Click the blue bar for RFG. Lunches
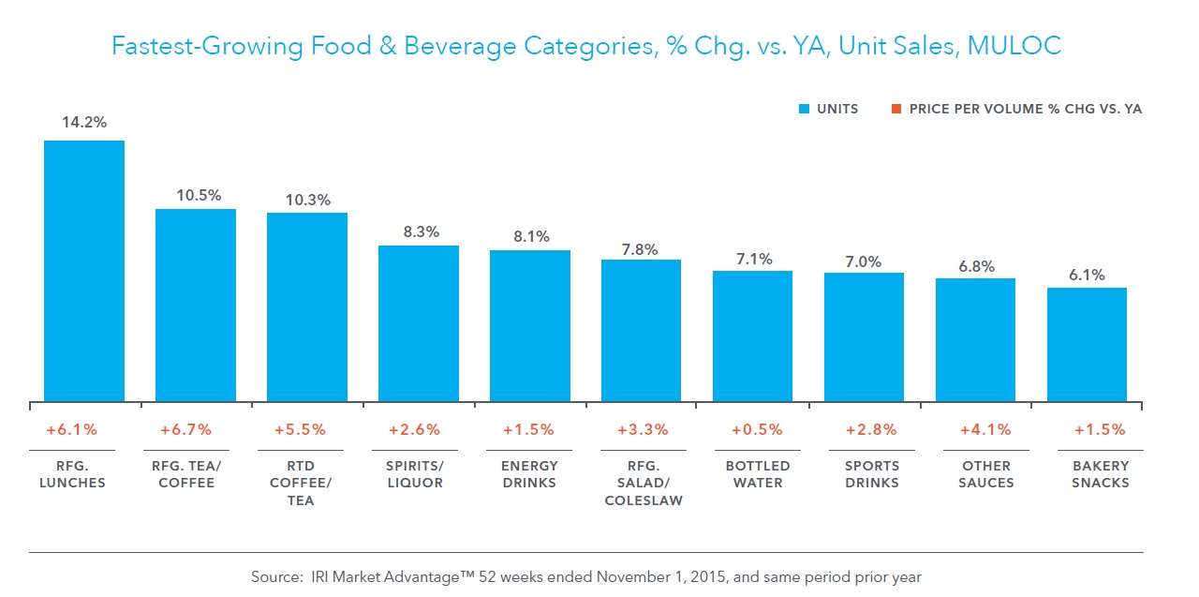coord(84,272)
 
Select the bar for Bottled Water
coord(752,336)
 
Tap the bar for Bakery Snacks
coord(1087,345)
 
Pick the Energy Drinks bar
coord(529,326)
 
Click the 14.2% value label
coord(84,122)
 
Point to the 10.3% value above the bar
coord(306,200)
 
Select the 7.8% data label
coord(641,249)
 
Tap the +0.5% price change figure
coord(752,430)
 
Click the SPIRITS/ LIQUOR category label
coord(418,474)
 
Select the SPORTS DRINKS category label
coord(864,474)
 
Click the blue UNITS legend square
coord(803,110)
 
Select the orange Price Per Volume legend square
coord(896,110)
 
